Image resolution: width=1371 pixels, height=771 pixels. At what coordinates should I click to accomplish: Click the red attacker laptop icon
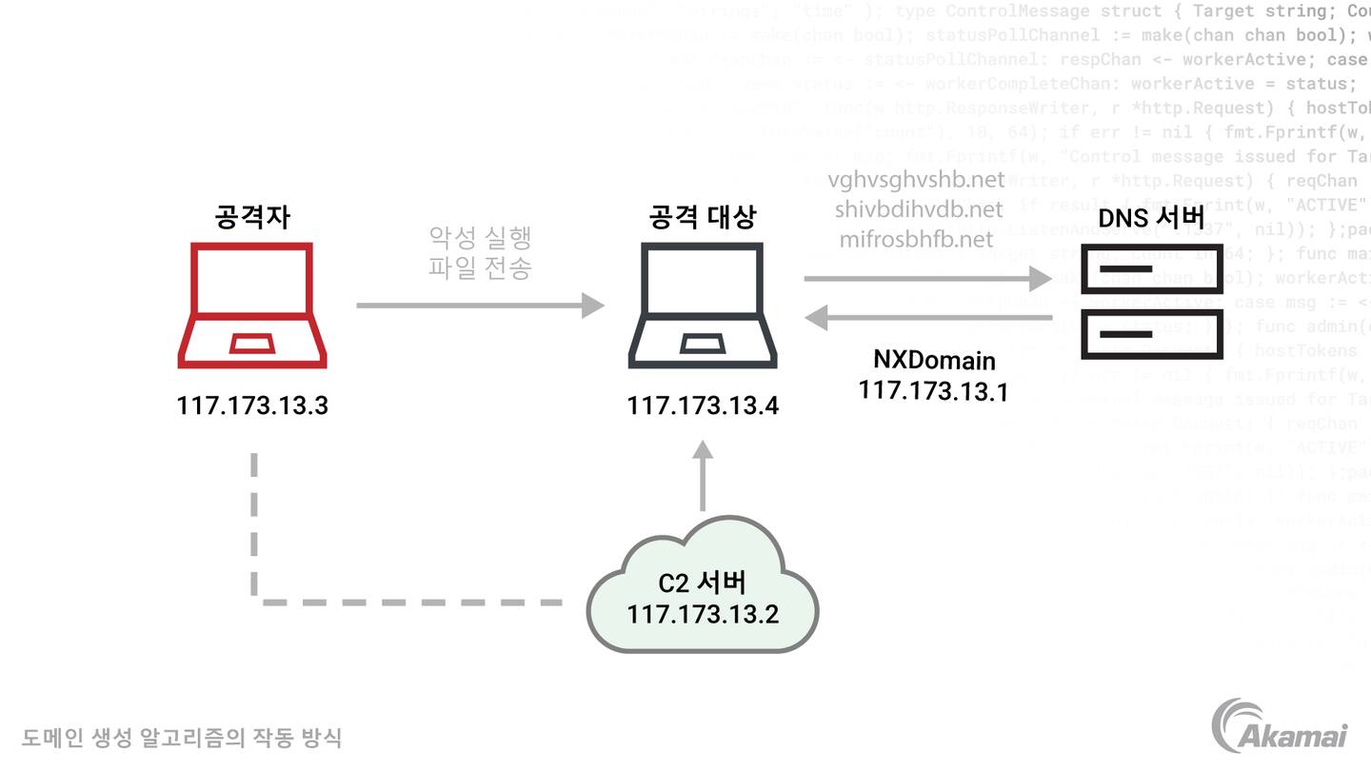tap(252, 306)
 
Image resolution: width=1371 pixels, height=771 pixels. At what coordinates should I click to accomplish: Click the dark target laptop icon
tap(703, 306)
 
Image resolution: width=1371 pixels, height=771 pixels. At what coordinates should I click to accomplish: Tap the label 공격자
tap(252, 217)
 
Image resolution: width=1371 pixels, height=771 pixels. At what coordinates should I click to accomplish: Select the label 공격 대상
tap(702, 217)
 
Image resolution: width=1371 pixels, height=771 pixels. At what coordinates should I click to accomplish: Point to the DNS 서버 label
tap(1151, 218)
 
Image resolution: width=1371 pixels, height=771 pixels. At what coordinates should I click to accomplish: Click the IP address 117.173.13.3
tap(252, 405)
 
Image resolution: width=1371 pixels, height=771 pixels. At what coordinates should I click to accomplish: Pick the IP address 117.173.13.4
tap(703, 406)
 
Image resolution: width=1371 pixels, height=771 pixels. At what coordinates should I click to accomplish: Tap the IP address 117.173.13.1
tap(933, 390)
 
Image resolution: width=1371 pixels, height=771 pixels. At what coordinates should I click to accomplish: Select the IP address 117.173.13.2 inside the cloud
tap(703, 614)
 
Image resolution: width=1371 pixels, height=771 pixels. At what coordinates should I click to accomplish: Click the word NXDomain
tap(934, 361)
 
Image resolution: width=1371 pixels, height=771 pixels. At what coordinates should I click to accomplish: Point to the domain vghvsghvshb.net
tap(916, 180)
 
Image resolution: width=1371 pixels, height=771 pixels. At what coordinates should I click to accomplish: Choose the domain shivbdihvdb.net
tap(919, 209)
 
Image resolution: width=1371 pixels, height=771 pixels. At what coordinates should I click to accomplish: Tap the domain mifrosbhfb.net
tap(916, 239)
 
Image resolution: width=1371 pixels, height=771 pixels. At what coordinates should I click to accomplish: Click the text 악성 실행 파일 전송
tap(480, 252)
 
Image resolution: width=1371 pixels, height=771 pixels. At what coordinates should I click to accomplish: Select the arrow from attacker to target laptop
tap(480, 306)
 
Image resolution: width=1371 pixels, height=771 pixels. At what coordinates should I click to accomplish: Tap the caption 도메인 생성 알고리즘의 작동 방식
tap(182, 737)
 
